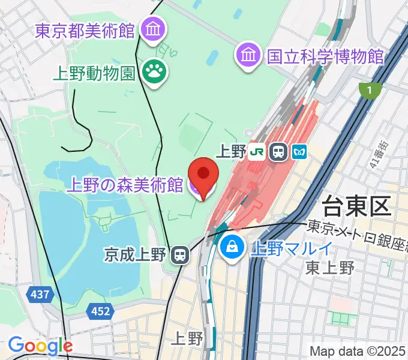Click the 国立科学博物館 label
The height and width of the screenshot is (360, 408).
pos(325,56)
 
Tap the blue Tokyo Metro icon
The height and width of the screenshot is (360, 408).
pos(300,152)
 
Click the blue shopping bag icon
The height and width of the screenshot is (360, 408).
pos(231,246)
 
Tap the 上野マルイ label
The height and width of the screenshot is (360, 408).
pos(291,247)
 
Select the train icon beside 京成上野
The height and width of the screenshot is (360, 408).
pos(179,254)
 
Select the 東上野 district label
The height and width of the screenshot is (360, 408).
pos(329,268)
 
